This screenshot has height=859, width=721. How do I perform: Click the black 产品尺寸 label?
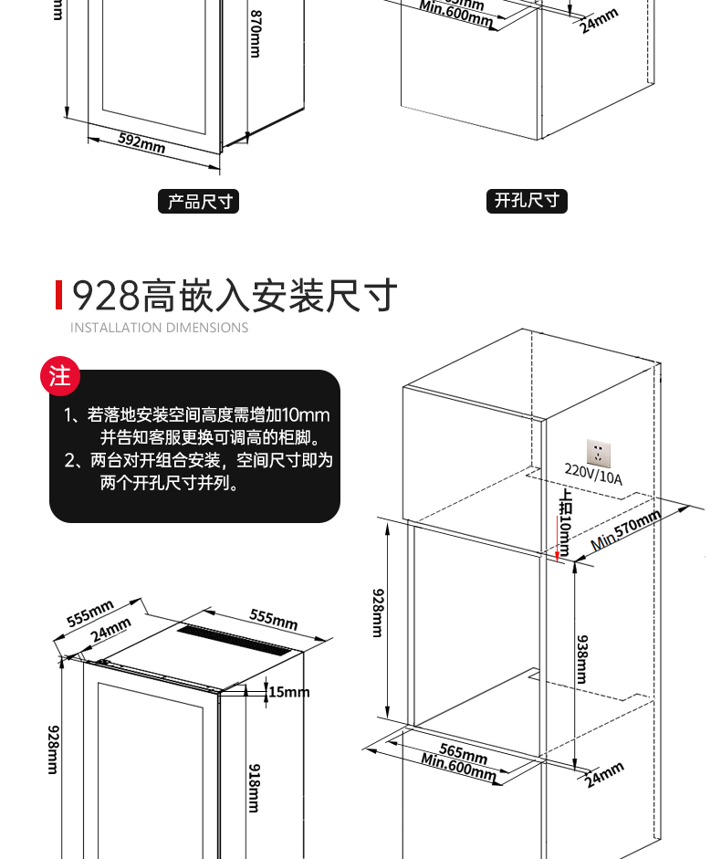199,202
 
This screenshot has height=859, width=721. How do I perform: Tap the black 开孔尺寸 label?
526,201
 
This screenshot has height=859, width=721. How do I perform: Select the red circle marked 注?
60,376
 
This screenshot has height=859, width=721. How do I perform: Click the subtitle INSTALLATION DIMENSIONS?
159,328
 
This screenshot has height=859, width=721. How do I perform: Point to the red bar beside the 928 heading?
58,295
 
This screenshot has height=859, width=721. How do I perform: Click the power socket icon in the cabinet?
599,451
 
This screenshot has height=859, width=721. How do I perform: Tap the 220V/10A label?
593,475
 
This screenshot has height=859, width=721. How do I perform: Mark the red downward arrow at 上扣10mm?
555,534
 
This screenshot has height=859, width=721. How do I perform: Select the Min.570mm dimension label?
626,530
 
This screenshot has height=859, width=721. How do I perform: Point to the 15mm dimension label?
289,692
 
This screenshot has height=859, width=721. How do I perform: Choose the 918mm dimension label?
255,787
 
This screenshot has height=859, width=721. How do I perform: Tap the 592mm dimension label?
141,142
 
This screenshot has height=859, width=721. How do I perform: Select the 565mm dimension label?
464,751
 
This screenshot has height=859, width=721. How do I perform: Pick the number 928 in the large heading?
106,296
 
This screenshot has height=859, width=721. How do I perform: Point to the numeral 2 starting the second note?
69,460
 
